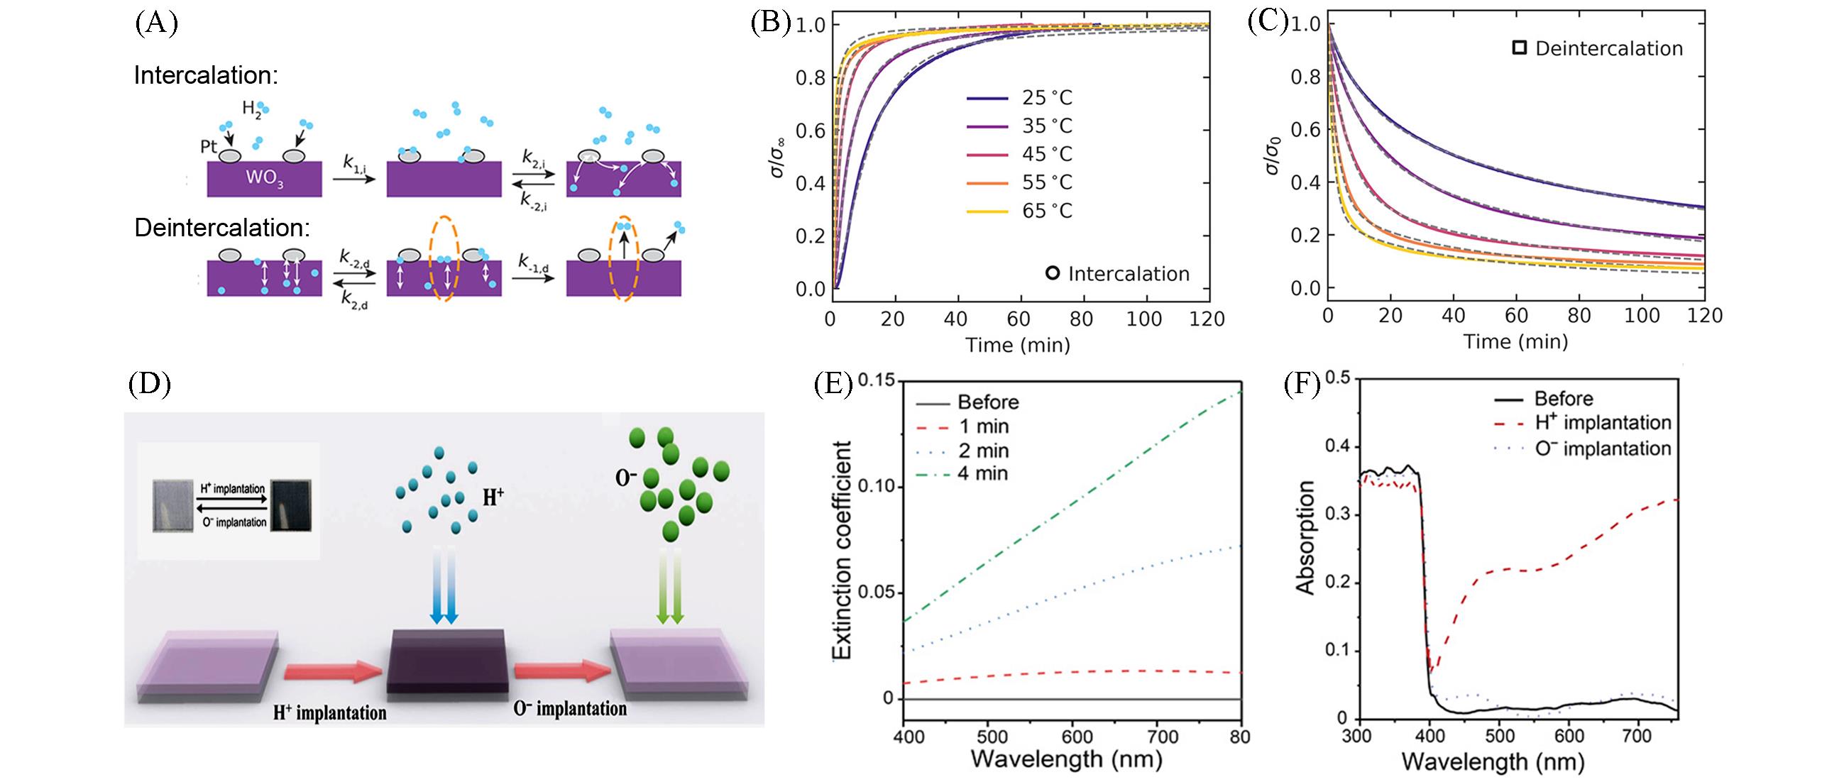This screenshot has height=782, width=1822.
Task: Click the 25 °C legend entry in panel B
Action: click(1047, 98)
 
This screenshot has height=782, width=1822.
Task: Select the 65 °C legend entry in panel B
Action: click(1047, 211)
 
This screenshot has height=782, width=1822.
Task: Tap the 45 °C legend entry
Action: click(1047, 155)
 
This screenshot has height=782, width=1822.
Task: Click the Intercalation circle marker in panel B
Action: click(1053, 273)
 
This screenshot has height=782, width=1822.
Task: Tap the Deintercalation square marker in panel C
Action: click(1519, 48)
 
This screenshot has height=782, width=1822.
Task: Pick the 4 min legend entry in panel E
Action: click(983, 473)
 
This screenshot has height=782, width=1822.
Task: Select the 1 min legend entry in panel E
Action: click(983, 426)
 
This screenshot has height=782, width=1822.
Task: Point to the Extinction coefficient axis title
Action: click(842, 550)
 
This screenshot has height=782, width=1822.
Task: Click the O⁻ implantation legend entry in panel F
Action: click(1603, 448)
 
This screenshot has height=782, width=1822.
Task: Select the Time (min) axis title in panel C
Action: click(1515, 342)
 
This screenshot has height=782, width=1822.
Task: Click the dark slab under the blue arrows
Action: click(447, 660)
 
